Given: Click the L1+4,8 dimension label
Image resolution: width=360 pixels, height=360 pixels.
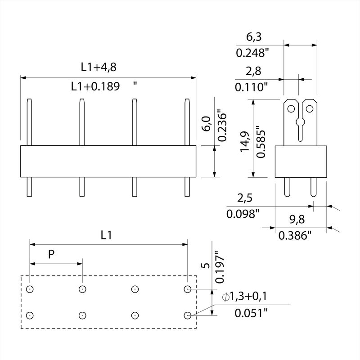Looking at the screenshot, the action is click(99, 67).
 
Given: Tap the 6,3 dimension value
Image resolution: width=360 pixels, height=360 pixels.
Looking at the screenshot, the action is click(254, 37).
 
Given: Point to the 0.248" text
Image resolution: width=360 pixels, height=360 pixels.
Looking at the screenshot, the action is click(252, 53).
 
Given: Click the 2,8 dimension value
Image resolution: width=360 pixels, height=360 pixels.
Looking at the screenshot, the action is click(253, 71).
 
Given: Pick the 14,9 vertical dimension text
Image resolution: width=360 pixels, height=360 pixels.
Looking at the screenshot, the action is click(245, 141).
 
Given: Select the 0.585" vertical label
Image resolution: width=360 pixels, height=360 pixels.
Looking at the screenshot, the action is click(261, 142).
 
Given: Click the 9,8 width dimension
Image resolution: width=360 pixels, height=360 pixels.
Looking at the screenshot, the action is click(297, 220).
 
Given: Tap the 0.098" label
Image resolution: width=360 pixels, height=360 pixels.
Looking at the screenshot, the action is click(243, 214).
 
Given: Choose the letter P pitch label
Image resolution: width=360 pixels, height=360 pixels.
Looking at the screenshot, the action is click(51, 254).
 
